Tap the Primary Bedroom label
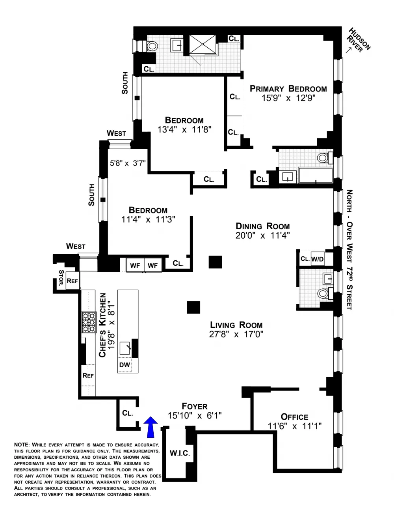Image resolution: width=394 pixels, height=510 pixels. pos(288,89)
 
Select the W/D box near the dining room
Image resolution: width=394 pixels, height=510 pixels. pos(318,259)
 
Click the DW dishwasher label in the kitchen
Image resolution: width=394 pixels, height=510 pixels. pos(125,365)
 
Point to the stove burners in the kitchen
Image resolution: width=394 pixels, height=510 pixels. pos(89,322)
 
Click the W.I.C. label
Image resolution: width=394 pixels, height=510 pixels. pos(180,453)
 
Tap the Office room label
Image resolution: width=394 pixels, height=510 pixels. pos(294,417)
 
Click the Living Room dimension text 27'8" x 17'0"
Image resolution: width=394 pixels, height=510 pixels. pos(236,334)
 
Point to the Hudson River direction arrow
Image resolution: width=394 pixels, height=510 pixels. pos(349,50)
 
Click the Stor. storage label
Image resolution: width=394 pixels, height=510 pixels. pos(61,278)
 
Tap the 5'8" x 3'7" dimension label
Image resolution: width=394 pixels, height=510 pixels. pos(128,163)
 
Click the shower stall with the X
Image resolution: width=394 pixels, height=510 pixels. pos(203,44)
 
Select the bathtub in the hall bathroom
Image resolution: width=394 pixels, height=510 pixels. pos(316,175)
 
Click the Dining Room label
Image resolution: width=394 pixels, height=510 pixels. pos(262,226)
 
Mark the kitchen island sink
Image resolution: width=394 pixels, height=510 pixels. pos(125,348)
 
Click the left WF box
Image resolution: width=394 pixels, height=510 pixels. pos(135,265)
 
